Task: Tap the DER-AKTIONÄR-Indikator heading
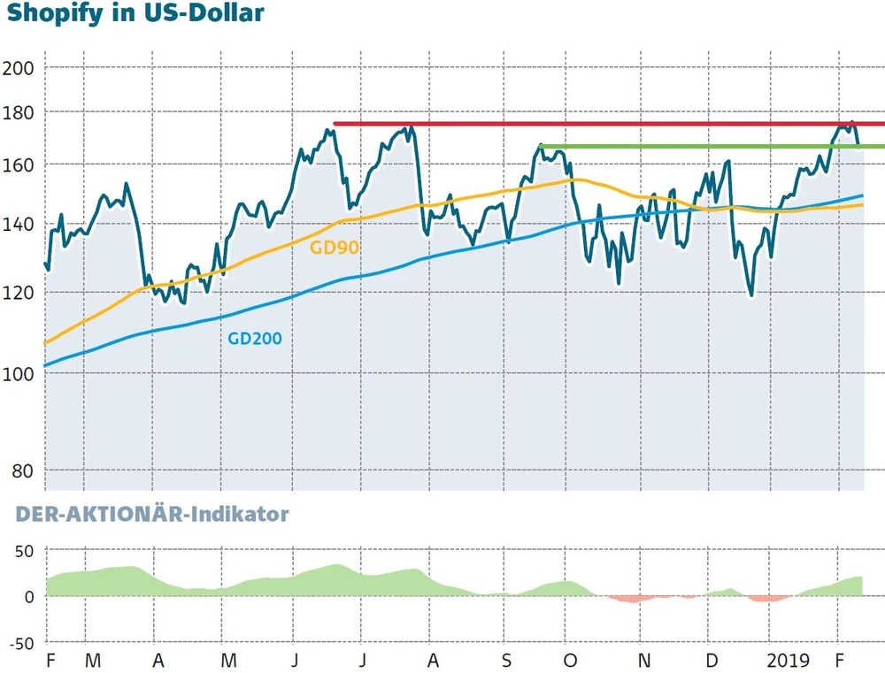click(x=145, y=514)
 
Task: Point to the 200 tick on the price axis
click(x=19, y=69)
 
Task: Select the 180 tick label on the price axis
click(x=19, y=113)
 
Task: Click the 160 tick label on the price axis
click(x=19, y=165)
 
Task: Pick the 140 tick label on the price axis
click(x=19, y=225)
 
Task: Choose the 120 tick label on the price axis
click(x=19, y=292)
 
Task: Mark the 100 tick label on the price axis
click(x=19, y=373)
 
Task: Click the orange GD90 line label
click(x=335, y=248)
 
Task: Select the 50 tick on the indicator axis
click(x=24, y=551)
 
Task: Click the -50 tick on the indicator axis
click(x=20, y=643)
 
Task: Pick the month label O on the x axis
click(x=571, y=660)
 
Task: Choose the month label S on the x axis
click(x=505, y=660)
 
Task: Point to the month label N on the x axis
click(x=647, y=660)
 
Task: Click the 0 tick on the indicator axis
click(x=29, y=597)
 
